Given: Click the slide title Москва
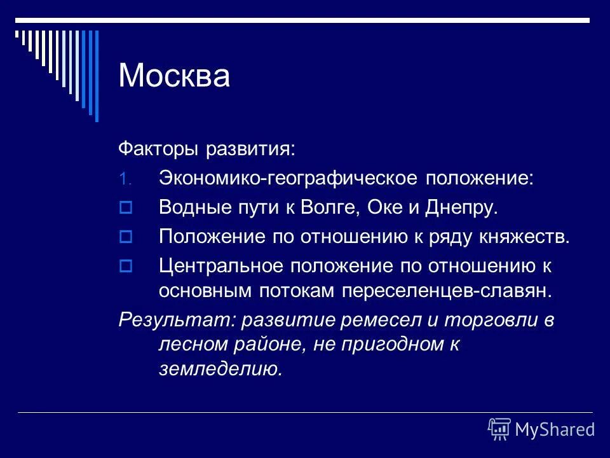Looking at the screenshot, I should point(174,76).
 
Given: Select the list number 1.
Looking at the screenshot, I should point(125,179).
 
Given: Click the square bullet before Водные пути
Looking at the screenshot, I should point(125,207).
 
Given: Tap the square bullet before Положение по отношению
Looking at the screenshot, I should point(125,237).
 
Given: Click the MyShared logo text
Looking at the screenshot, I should point(555,429).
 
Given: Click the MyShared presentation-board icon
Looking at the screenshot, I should point(499,429).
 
